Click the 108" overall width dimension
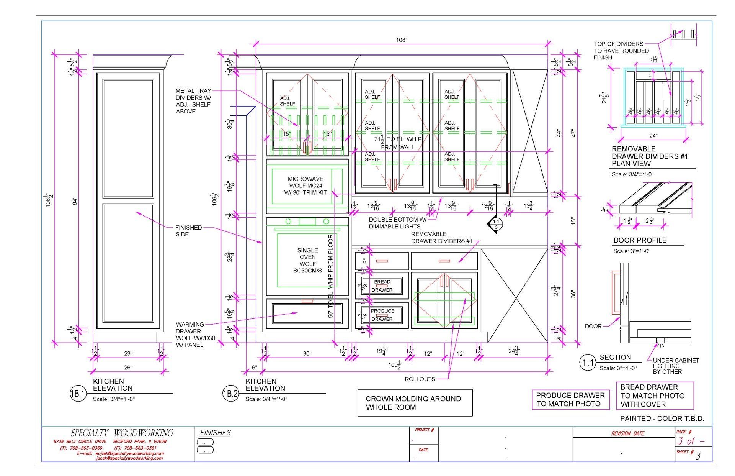[401, 40]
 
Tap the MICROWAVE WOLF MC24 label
[305, 185]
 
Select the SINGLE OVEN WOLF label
[307, 260]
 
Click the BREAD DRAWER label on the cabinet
[382, 286]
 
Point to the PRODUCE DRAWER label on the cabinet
[382, 315]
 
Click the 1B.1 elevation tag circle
[78, 394]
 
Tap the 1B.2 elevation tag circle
[230, 394]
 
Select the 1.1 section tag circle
[588, 363]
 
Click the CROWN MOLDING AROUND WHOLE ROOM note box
[415, 403]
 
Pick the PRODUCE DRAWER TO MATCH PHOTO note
[570, 399]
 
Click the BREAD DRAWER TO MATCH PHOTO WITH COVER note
[654, 396]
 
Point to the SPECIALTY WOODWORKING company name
[122, 433]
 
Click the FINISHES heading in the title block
[216, 433]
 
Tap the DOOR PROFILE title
[640, 240]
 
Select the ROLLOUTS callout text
[420, 379]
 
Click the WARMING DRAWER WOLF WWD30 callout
[195, 335]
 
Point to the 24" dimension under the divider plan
[653, 136]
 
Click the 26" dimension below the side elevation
[128, 368]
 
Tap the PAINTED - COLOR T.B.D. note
[662, 419]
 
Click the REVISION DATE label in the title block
[627, 433]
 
